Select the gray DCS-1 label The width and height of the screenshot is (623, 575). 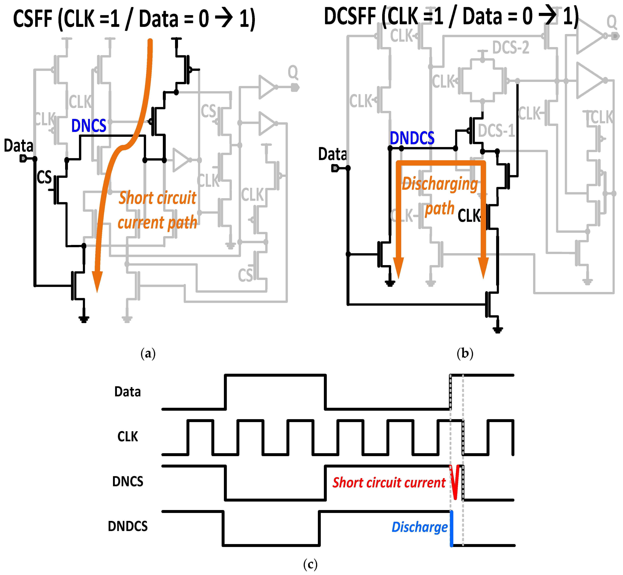(496, 131)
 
